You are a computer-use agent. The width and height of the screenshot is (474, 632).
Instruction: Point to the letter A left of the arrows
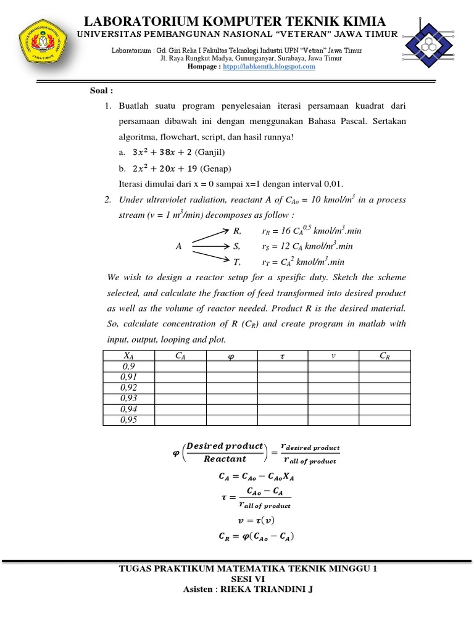[x=178, y=246]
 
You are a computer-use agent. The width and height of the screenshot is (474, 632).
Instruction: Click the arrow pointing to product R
[x=209, y=236]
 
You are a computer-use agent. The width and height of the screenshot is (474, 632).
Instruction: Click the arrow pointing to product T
[x=209, y=256]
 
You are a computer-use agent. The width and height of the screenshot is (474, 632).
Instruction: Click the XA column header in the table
[x=128, y=355]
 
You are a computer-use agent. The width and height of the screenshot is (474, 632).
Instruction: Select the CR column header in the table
[x=384, y=355]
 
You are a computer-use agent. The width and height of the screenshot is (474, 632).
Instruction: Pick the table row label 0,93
[x=128, y=399]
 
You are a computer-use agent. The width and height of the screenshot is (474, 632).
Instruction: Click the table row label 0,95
[x=128, y=420]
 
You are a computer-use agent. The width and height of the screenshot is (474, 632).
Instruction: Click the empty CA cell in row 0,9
[x=180, y=366]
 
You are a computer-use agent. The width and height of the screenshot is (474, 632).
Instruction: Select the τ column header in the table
[x=282, y=355]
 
